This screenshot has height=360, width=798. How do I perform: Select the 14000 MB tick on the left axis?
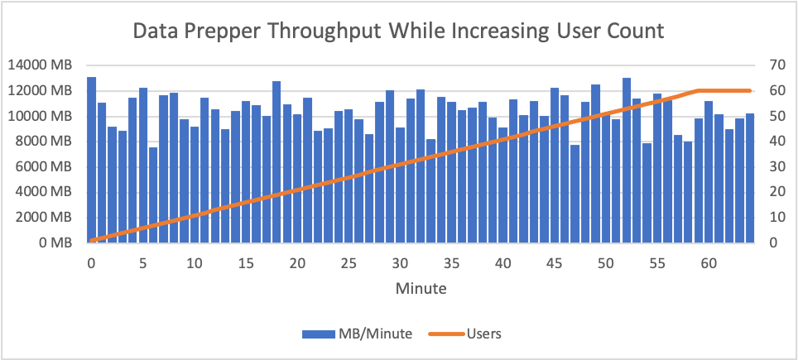39,65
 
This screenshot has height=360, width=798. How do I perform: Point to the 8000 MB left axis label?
43,142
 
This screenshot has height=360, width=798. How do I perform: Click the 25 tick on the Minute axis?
349,263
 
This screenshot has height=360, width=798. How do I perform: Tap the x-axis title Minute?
421,289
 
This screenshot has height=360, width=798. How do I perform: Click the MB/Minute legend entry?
357,334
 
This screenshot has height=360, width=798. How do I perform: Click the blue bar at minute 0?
92,160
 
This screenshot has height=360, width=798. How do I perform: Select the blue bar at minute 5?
143,166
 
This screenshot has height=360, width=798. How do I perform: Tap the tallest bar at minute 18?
276,162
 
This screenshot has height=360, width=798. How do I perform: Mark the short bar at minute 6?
153,195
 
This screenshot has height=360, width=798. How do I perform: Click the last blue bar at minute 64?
750,178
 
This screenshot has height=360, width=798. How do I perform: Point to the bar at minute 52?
627,161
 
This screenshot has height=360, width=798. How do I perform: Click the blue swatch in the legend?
318,334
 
